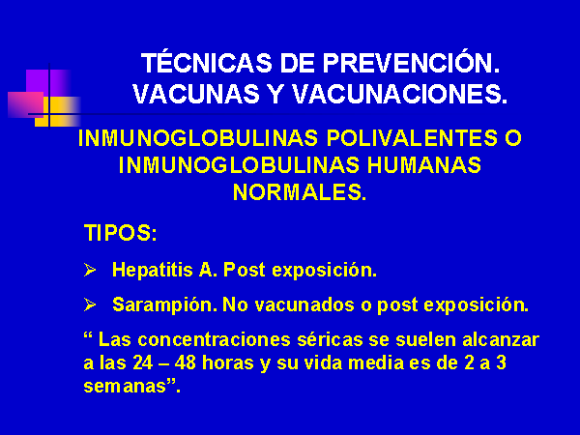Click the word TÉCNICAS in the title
coord(207,62)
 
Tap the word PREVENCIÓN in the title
coord(412,62)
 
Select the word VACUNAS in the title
coord(196,94)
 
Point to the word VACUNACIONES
coord(400,94)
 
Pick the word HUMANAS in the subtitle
coord(424,165)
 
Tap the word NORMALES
coord(300,192)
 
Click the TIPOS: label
coord(121,233)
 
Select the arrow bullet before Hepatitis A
coord(90,270)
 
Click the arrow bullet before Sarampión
coord(90,304)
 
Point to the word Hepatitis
coord(153,270)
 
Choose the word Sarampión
coord(165,305)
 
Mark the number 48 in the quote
coord(185,362)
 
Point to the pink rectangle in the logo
coord(25,104)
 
